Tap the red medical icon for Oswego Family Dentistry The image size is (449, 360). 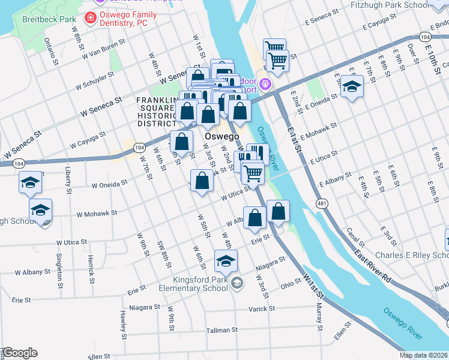tap(91, 18)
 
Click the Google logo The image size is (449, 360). tap(19, 353)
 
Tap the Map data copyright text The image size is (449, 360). tap(424, 355)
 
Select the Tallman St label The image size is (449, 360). tap(222, 330)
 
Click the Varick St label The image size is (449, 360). tap(262, 308)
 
